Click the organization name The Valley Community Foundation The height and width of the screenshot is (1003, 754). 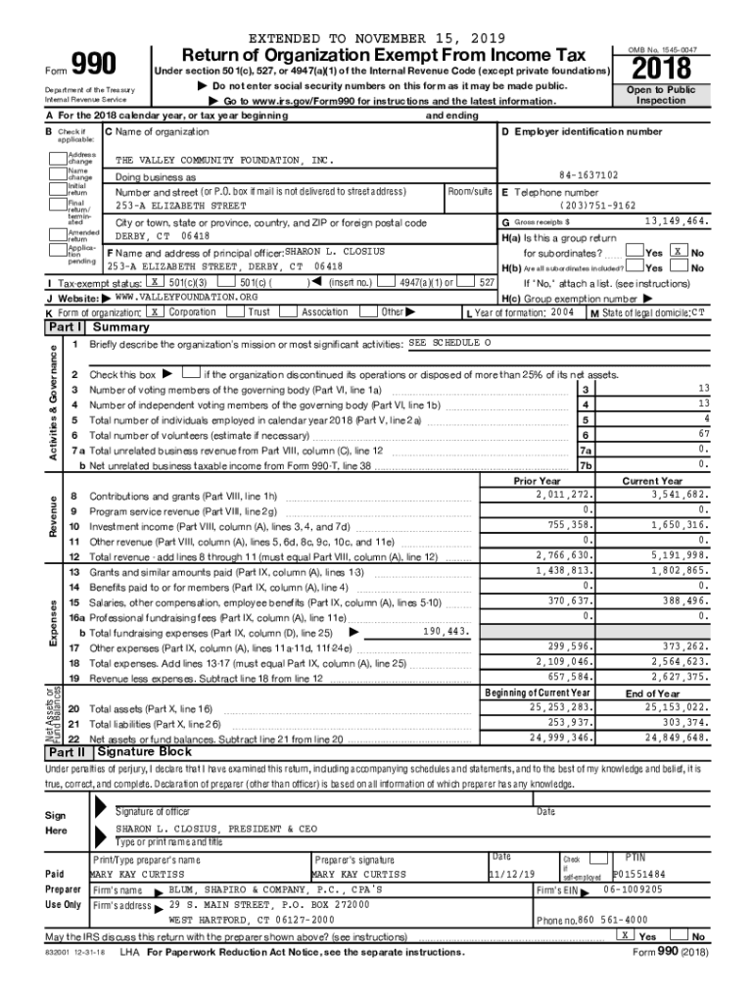click(x=224, y=159)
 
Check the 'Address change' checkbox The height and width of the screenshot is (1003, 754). click(x=58, y=158)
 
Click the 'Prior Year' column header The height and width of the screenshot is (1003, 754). click(x=537, y=481)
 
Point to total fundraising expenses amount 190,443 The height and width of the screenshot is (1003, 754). click(x=448, y=632)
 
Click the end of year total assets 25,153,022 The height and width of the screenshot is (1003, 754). click(x=671, y=706)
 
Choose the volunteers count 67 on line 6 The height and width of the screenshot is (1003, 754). click(x=703, y=434)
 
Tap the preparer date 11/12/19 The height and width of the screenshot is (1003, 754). click(x=512, y=874)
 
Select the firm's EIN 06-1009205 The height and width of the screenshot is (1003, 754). click(x=633, y=889)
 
